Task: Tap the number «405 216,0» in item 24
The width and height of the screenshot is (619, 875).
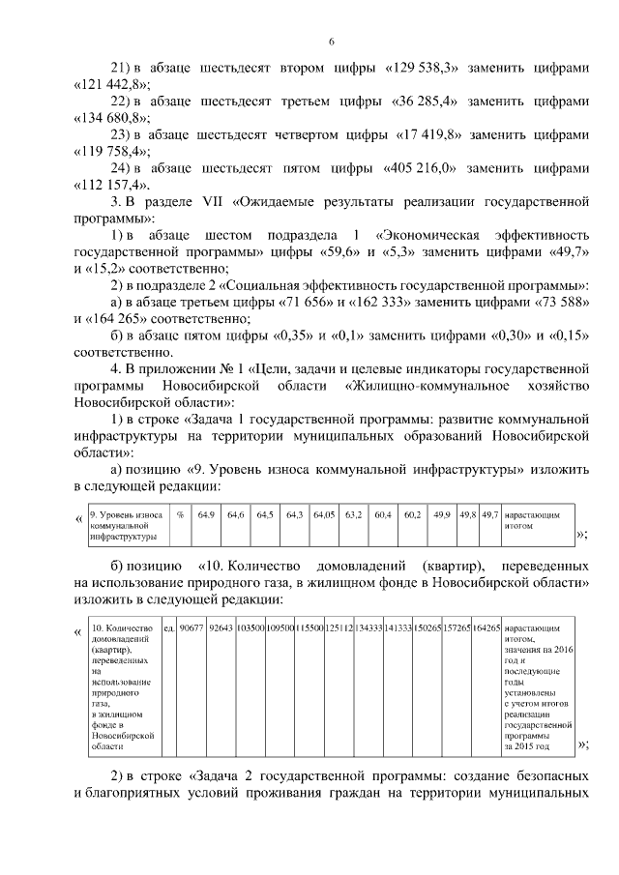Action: [x=421, y=167]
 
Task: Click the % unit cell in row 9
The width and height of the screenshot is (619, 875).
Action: [x=180, y=515]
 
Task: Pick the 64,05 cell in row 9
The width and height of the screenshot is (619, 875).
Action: [x=323, y=515]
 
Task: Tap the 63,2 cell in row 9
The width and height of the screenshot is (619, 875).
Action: [x=353, y=515]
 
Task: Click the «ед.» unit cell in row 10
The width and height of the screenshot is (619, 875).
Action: [x=169, y=628]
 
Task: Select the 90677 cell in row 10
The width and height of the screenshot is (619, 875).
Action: [x=192, y=628]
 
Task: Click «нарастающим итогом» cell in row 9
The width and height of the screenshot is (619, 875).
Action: [x=532, y=521]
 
